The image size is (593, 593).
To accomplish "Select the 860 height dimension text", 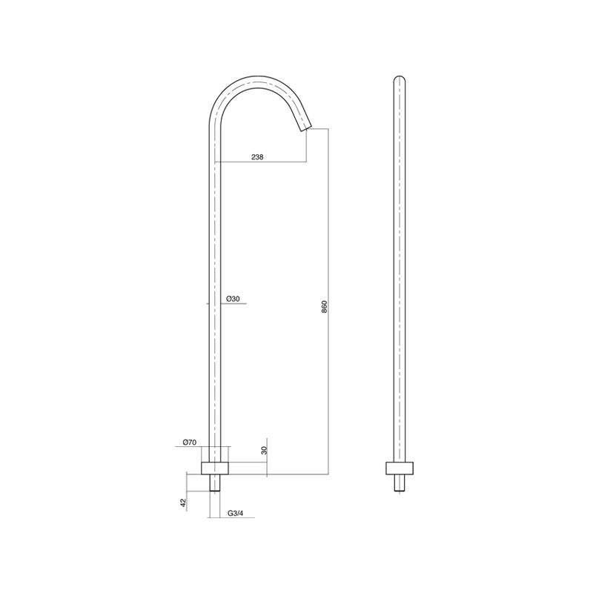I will pyautogui.click(x=325, y=307).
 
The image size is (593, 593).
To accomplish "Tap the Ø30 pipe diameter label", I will pyautogui.click(x=233, y=299).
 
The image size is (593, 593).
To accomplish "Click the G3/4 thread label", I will pyautogui.click(x=236, y=513).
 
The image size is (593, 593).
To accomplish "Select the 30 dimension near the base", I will pyautogui.click(x=265, y=449).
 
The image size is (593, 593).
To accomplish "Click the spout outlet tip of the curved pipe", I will pyautogui.click(x=305, y=128).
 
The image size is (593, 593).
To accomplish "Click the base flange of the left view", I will pyautogui.click(x=216, y=468).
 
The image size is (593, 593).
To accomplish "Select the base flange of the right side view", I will pyautogui.click(x=400, y=468).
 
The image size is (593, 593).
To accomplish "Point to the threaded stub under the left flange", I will pyautogui.click(x=216, y=483).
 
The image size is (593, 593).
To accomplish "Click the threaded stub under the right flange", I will pyautogui.click(x=400, y=483).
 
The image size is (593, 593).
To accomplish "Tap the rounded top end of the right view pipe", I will pyautogui.click(x=400, y=78).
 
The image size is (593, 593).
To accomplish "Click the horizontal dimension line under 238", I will pyautogui.click(x=259, y=162).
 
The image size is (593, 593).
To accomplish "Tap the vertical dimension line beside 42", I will pyautogui.click(x=187, y=486).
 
